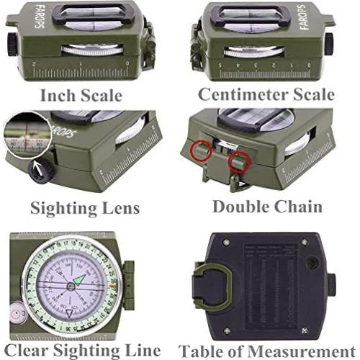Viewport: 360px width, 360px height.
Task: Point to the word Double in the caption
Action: (243, 207)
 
